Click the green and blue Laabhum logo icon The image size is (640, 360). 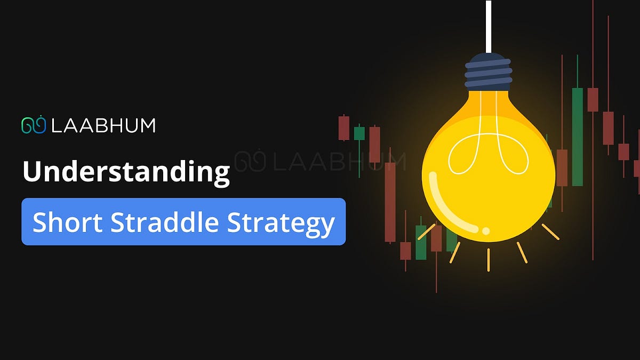(x=34, y=125)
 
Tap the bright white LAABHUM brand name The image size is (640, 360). (x=103, y=125)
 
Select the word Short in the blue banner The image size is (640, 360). (x=66, y=222)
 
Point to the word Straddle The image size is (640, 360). (x=164, y=222)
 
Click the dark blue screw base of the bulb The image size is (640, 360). (x=488, y=73)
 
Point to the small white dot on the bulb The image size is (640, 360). (x=486, y=231)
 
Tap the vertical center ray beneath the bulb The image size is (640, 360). (x=488, y=259)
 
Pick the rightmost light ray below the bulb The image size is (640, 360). (x=550, y=231)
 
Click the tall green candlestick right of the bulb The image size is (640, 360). (x=577, y=137)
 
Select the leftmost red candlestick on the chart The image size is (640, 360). (x=344, y=128)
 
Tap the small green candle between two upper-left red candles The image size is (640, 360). (x=359, y=133)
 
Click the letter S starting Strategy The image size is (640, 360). (x=234, y=222)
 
